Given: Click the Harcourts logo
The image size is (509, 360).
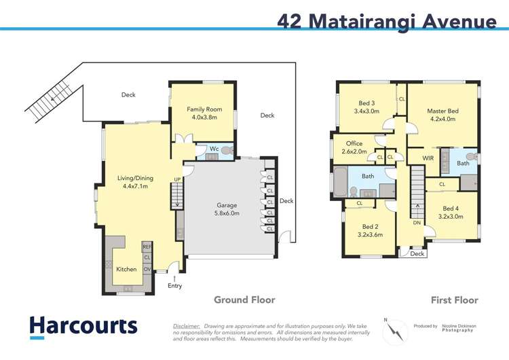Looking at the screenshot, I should pos(83,327).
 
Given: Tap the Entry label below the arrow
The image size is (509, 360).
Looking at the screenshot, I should pos(175,285).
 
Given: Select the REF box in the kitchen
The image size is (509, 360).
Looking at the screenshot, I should pos(147,247).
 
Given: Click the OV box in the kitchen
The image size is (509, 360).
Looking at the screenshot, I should pos(147,269).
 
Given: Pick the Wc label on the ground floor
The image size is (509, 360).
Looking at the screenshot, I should pos(214,149).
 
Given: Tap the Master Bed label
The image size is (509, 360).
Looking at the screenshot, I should pos(442,115).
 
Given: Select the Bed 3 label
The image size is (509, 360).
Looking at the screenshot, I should pos(365,107).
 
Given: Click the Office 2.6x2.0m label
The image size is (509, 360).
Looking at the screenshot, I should pos(354,147).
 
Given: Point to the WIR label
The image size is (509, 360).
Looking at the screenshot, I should pos(428,158).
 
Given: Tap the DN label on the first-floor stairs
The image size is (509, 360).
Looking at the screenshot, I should pos(416,221).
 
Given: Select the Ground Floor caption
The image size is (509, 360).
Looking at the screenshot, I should pos(244,300).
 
